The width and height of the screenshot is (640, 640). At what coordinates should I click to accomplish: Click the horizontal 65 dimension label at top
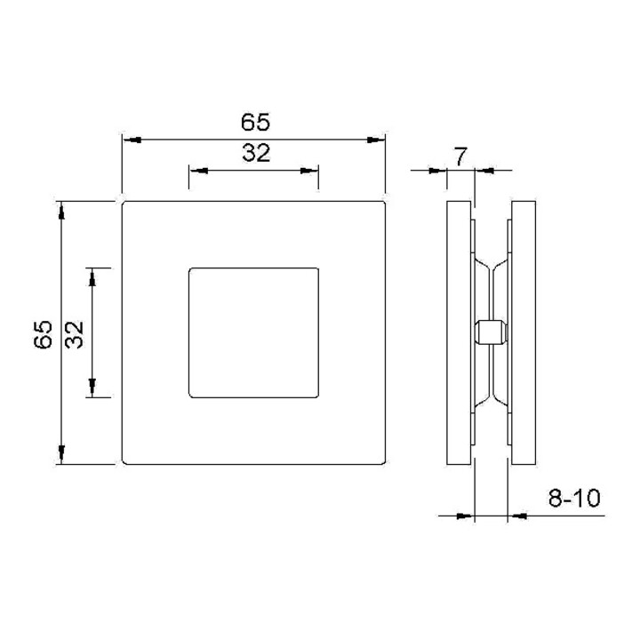pyautogui.click(x=255, y=122)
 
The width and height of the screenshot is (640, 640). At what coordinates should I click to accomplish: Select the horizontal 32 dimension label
pyautogui.click(x=256, y=154)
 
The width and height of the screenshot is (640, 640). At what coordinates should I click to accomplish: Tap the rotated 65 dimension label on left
pyautogui.click(x=43, y=334)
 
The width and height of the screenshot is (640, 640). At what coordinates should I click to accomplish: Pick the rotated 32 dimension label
pyautogui.click(x=75, y=335)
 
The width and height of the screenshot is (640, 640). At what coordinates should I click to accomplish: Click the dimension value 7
pyautogui.click(x=460, y=157)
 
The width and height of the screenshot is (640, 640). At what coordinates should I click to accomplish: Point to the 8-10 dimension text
pyautogui.click(x=574, y=498)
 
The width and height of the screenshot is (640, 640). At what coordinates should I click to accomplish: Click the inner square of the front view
pyautogui.click(x=253, y=332)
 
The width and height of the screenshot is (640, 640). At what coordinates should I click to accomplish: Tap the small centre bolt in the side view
pyautogui.click(x=492, y=332)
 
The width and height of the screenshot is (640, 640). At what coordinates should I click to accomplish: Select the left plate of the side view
pyautogui.click(x=460, y=332)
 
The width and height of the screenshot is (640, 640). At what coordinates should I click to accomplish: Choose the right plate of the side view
pyautogui.click(x=524, y=332)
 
